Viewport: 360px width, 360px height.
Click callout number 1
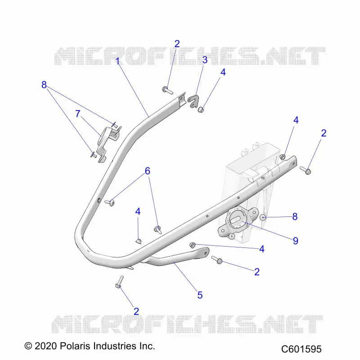coord(117,61)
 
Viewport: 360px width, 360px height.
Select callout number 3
coord(205,60)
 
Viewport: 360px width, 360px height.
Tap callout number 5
coord(200,295)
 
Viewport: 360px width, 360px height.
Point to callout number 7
coord(78,114)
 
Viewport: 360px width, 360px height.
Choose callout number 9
coord(296,241)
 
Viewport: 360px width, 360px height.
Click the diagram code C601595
coord(301,349)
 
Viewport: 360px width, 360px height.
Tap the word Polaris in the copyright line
coord(76,346)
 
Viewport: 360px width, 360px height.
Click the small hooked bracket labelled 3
coord(193,102)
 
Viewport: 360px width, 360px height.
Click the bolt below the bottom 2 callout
coord(120,282)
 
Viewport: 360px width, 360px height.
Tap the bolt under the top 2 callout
coord(167,90)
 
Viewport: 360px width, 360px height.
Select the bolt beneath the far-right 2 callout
coord(306,171)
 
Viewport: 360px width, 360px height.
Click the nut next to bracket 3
coord(201,109)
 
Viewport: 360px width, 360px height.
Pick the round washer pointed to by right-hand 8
coord(263,217)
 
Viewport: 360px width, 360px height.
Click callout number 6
coord(148,171)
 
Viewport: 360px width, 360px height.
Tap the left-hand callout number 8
coord(44,85)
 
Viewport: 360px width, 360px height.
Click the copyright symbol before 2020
coord(28,346)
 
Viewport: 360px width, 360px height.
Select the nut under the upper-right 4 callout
coord(283,157)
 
